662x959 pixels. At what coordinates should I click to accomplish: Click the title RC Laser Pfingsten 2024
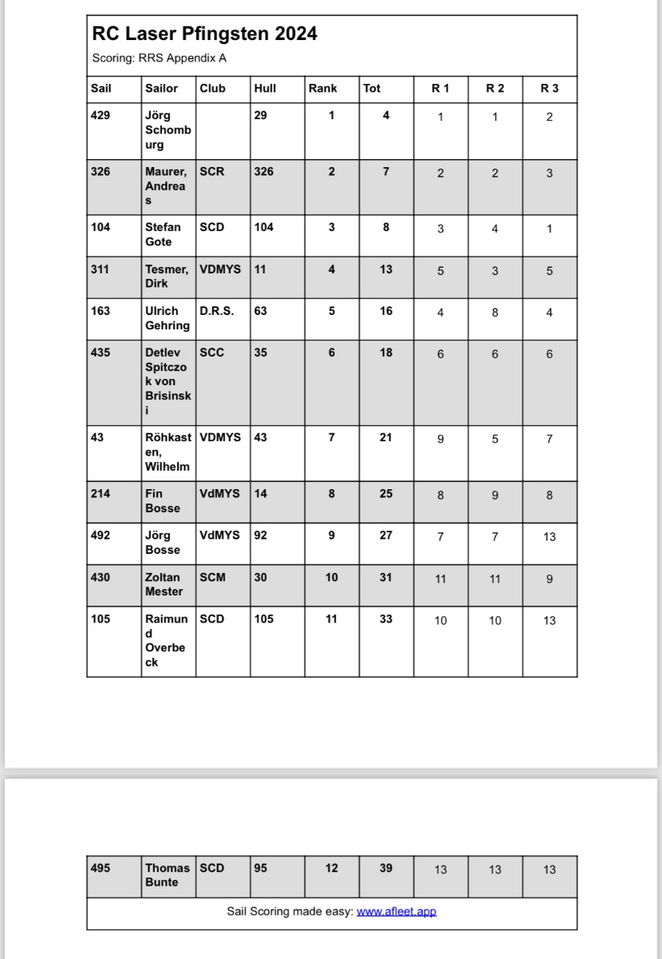click(204, 34)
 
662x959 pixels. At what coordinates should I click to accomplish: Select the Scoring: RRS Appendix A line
click(160, 58)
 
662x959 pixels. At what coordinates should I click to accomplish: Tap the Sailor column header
click(161, 88)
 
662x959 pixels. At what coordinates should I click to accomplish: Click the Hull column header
click(265, 88)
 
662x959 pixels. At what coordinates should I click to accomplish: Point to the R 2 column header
click(495, 88)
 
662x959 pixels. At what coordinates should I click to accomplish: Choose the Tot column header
click(372, 88)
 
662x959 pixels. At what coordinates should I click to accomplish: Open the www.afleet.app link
click(396, 911)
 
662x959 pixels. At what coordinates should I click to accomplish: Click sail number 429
click(101, 115)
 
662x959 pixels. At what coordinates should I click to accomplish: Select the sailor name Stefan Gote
click(163, 234)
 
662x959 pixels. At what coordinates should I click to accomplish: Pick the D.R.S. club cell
click(217, 311)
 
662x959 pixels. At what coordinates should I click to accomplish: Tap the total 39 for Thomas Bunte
click(386, 868)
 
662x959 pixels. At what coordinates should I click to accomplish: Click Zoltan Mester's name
click(164, 584)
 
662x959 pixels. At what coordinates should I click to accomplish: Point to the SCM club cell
click(212, 577)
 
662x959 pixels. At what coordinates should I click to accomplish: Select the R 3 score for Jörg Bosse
click(549, 536)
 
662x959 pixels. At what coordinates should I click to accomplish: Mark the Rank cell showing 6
click(331, 352)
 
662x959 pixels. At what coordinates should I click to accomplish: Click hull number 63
click(260, 311)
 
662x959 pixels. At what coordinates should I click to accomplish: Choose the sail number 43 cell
click(97, 437)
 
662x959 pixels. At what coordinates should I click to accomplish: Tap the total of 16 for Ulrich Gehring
click(386, 311)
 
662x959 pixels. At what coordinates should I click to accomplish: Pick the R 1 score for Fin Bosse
click(441, 495)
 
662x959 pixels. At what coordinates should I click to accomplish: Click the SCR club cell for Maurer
click(212, 171)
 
